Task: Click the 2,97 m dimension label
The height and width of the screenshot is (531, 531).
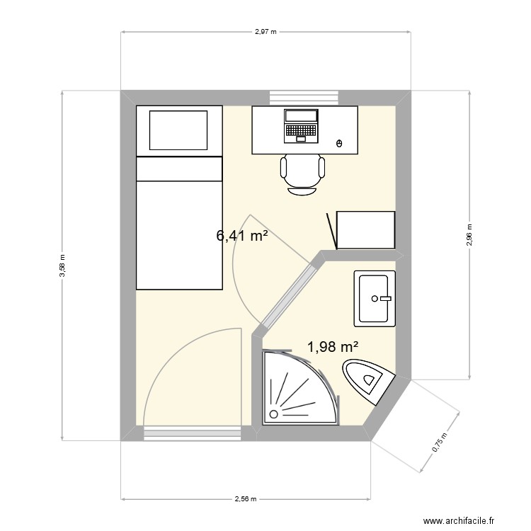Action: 265,32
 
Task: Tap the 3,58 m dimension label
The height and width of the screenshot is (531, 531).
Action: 62,265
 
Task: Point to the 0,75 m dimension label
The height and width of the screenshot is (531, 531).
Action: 439,442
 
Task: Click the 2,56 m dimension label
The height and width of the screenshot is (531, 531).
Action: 246,498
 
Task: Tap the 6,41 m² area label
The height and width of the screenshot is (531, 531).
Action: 242,236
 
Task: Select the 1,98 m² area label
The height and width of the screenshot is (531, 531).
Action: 333,347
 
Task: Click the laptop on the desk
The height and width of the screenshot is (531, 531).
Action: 301,126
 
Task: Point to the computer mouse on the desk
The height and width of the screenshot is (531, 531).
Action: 339,143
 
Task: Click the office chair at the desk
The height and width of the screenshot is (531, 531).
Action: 302,174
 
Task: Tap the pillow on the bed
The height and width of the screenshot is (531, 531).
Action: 178,130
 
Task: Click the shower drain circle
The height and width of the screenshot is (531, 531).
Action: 273,414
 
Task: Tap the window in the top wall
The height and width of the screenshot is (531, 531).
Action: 304,98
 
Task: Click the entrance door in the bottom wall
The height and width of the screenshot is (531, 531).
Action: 193,433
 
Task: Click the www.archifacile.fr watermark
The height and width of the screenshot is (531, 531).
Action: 459,520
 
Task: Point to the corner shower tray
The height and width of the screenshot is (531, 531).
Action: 300,387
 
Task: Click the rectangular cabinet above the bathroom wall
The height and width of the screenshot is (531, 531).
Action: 366,230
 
